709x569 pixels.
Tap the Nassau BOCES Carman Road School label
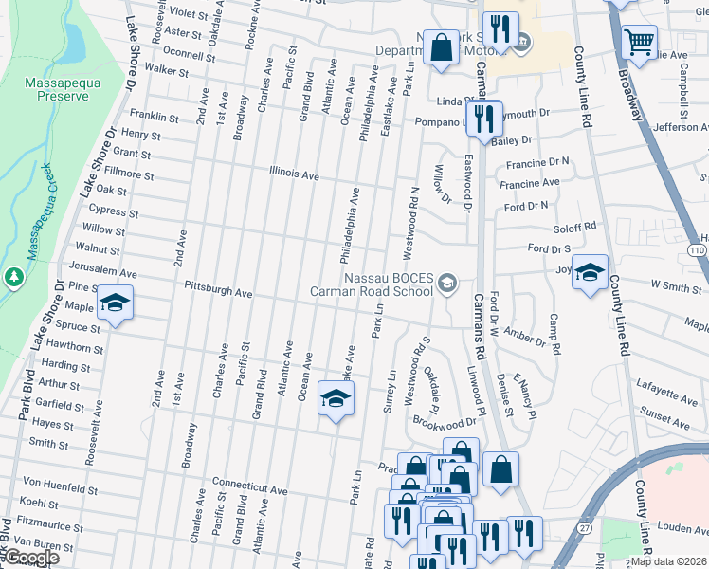(x=374, y=284)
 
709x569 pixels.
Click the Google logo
(x=31, y=558)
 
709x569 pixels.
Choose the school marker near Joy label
(x=591, y=275)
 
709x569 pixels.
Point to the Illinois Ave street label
(x=294, y=175)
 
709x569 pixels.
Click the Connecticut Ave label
(x=249, y=485)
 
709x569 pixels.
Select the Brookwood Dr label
(x=444, y=422)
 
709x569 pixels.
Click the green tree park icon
(x=13, y=276)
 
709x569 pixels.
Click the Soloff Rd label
(x=576, y=227)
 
